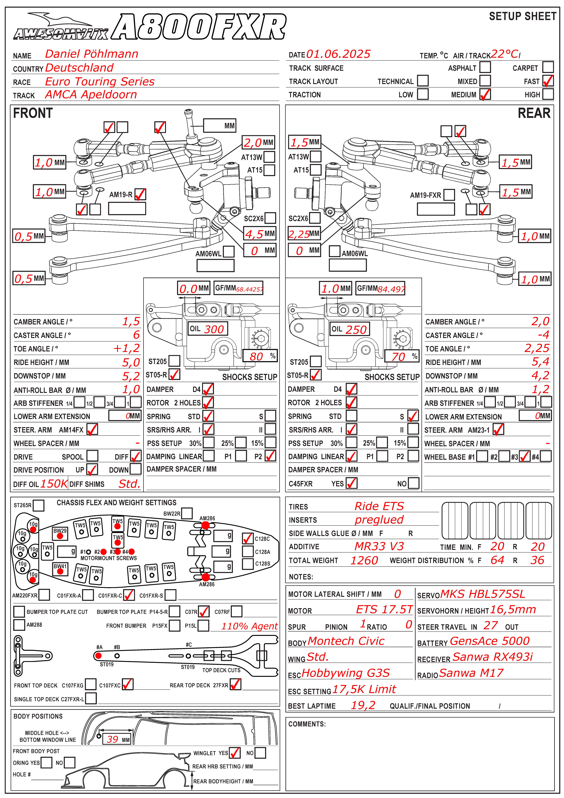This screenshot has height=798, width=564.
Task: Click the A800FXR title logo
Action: (200, 27)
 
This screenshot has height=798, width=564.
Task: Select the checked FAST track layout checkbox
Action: (548, 81)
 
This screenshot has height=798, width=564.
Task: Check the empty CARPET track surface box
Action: (548, 67)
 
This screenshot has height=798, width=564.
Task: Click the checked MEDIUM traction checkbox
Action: (485, 94)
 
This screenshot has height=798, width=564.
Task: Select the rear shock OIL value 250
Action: (356, 330)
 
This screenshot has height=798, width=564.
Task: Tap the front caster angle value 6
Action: (136, 335)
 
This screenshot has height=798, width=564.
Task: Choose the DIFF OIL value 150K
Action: (54, 483)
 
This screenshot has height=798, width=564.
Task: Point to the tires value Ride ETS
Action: (379, 506)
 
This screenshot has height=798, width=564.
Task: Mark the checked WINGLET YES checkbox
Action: (235, 753)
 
